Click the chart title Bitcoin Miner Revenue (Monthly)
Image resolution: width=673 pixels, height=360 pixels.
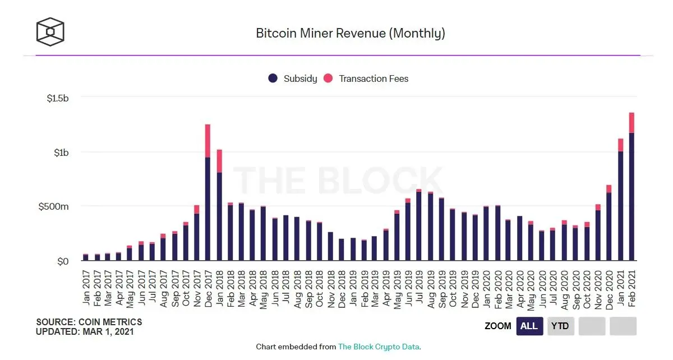351,33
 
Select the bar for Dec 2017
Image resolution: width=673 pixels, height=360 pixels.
208,207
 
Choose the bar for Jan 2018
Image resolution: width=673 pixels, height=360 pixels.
219,216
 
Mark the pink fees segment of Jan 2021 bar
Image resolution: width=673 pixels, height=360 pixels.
620,145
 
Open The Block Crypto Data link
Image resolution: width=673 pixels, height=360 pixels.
379,347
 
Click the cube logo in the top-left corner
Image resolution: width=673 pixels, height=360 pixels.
50,31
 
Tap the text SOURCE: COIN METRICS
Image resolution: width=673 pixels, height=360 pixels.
89,322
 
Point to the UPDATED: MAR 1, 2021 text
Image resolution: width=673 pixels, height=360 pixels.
85,331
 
